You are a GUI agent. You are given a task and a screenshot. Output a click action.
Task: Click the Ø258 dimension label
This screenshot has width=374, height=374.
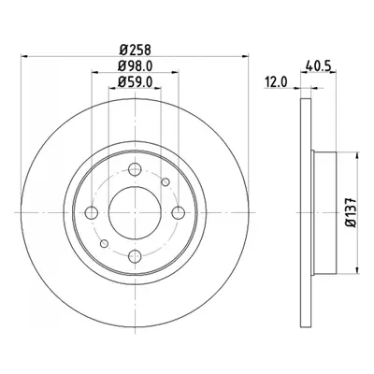tap(136, 50)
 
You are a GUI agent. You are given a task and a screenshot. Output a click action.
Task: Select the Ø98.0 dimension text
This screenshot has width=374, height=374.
tap(136, 65)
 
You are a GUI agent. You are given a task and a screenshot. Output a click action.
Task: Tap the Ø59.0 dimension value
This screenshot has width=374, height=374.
tap(136, 81)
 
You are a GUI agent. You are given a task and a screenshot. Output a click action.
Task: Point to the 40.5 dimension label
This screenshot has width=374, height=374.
tap(318, 65)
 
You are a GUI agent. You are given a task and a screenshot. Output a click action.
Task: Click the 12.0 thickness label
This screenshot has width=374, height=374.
tap(276, 82)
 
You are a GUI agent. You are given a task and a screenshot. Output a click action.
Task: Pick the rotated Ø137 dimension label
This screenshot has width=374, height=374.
tap(351, 212)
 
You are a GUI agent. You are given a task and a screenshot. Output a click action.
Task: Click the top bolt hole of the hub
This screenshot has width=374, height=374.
tap(135, 169)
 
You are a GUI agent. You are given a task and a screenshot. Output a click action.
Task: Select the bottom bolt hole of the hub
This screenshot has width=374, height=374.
tap(135, 256)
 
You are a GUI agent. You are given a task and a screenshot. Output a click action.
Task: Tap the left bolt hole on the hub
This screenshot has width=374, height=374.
tap(92, 213)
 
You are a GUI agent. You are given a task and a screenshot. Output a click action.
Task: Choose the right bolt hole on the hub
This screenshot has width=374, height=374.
tap(179, 213)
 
